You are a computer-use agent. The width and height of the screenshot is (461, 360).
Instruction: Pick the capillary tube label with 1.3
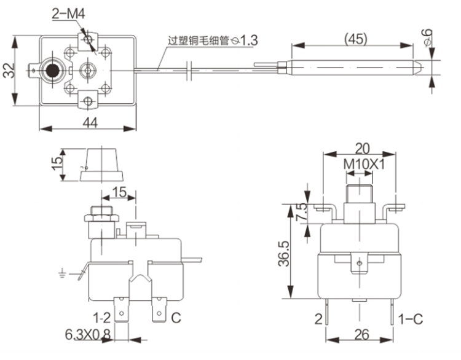[213, 41]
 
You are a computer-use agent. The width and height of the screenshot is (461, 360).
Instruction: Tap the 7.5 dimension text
[301, 211]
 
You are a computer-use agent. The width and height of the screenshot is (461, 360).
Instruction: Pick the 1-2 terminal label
[101, 318]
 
